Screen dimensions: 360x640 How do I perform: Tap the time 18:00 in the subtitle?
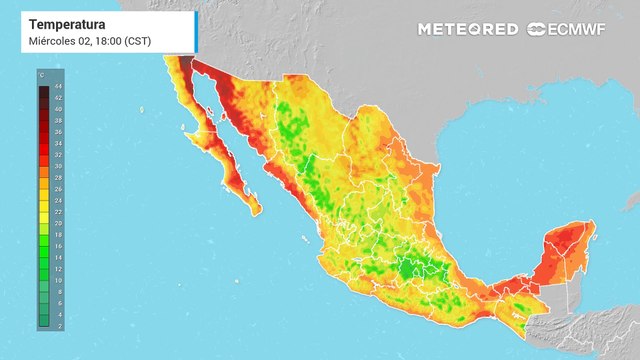pyautogui.click(x=103, y=41)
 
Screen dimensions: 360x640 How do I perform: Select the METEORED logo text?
pyautogui.click(x=468, y=29)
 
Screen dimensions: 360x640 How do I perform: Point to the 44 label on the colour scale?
pyautogui.click(x=56, y=89)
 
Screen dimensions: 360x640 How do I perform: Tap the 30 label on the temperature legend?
pyautogui.click(x=56, y=167)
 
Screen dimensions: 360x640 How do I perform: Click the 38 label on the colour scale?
pyautogui.click(x=56, y=122)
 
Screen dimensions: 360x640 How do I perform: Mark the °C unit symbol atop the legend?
pyautogui.click(x=41, y=75)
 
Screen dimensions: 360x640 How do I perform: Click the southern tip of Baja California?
pyautogui.click(x=256, y=211)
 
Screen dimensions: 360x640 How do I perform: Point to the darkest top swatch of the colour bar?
pyautogui.click(x=43, y=90)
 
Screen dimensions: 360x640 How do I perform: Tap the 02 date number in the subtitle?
pyautogui.click(x=82, y=41)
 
